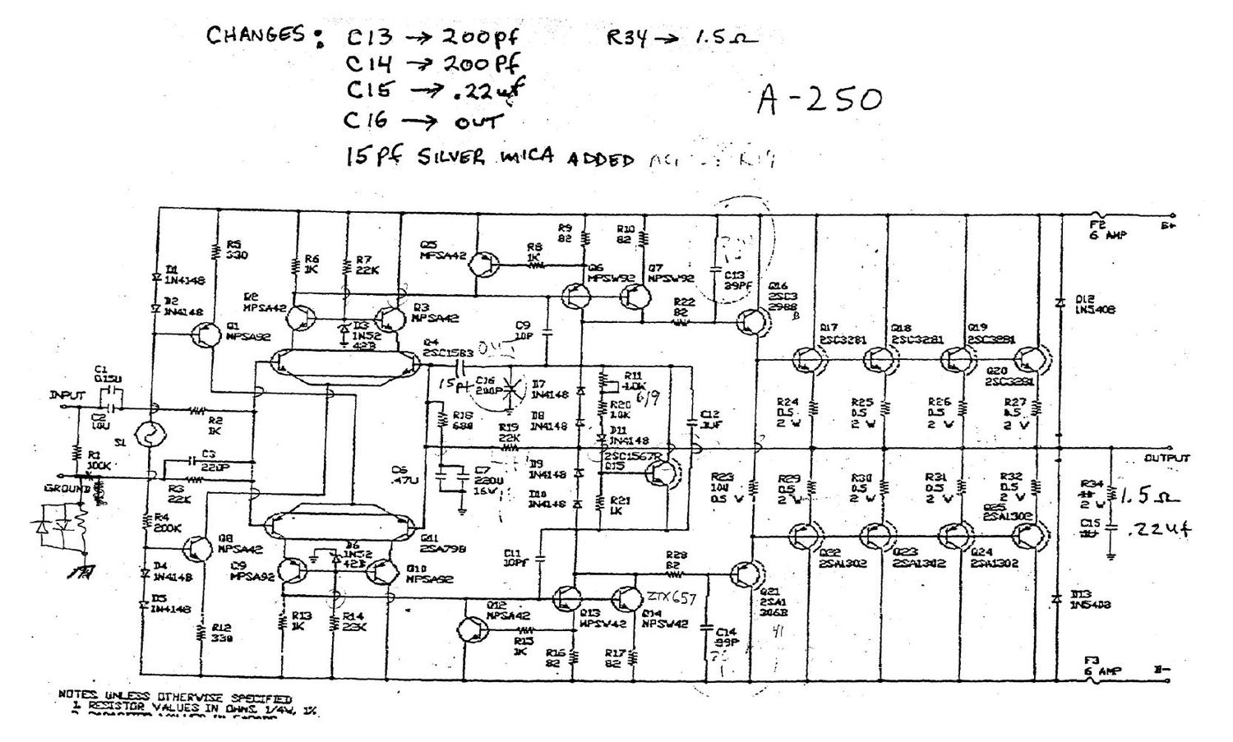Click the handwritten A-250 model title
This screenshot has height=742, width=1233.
tap(820, 99)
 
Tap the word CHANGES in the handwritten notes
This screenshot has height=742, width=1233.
tap(256, 35)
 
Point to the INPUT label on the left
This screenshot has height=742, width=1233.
tap(67, 395)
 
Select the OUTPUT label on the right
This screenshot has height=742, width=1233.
tap(1166, 458)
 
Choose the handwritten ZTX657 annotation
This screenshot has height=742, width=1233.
tap(671, 597)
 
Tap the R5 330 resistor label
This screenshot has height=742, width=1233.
tap(236, 250)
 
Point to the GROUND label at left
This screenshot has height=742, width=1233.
tap(67, 488)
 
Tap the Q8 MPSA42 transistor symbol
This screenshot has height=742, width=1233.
tap(197, 548)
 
